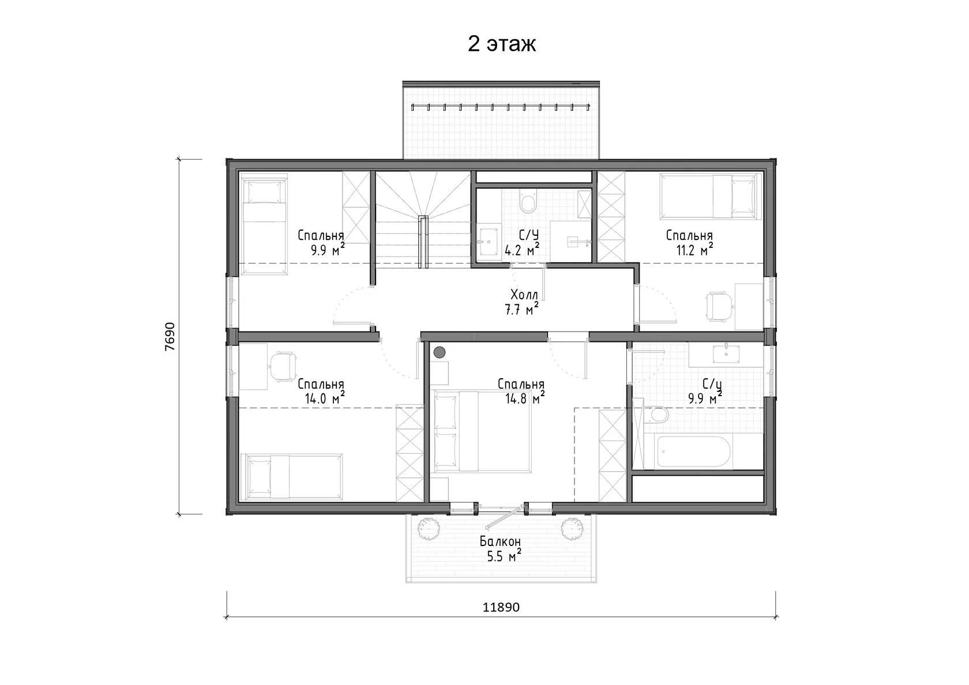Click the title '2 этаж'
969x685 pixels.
pyautogui.click(x=501, y=44)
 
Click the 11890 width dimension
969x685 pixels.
pyautogui.click(x=501, y=607)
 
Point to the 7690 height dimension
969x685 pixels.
pyautogui.click(x=170, y=337)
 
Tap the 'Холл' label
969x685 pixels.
pyautogui.click(x=524, y=295)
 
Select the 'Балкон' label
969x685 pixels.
pyautogui.click(x=500, y=541)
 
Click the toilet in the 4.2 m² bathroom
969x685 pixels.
pyautogui.click(x=528, y=201)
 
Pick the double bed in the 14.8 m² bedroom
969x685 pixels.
pyautogui.click(x=482, y=431)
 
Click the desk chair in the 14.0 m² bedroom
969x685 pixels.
pyautogui.click(x=283, y=367)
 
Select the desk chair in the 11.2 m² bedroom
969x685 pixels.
pyautogui.click(x=720, y=307)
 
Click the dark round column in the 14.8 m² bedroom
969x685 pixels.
pyautogui.click(x=440, y=352)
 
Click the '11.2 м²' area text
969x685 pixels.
pyautogui.click(x=694, y=250)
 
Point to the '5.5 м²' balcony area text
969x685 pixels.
pyautogui.click(x=504, y=556)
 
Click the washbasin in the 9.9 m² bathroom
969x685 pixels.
pyautogui.click(x=726, y=354)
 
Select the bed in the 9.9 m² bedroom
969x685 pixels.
pyautogui.click(x=264, y=224)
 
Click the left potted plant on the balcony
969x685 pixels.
pyautogui.click(x=428, y=528)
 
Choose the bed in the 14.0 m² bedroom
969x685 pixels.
pyautogui.click(x=292, y=476)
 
